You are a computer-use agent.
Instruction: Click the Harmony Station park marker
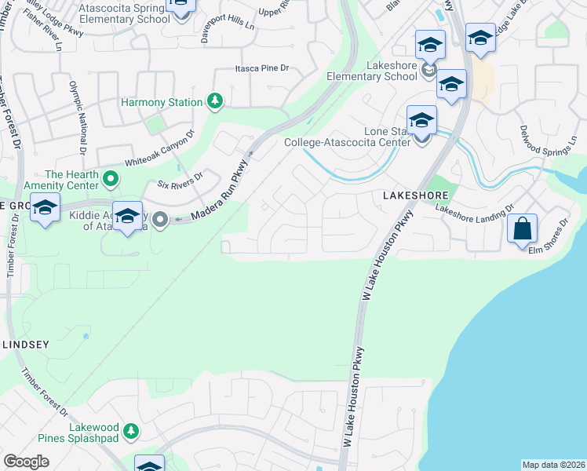213,101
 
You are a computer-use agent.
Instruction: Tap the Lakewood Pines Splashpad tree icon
132,430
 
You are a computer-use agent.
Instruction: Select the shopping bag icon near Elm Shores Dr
522,229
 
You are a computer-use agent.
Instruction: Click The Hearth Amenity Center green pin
111,180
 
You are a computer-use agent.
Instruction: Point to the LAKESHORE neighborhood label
416,195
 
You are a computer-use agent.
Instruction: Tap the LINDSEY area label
26,344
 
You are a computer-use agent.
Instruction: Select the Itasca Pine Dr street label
262,69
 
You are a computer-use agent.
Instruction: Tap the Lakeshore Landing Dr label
474,210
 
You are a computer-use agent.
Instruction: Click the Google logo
26,462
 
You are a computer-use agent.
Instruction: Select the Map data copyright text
553,464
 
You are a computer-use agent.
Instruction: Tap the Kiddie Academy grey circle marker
160,220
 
